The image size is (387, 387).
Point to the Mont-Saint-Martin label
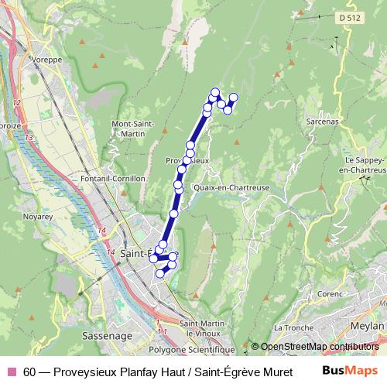133,128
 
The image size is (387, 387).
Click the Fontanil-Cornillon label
112,177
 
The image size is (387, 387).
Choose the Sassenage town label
100,336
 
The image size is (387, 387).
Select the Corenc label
330,294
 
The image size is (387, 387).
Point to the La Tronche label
294,327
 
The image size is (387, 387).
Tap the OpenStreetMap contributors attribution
319,347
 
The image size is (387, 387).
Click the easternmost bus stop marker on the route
233,97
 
